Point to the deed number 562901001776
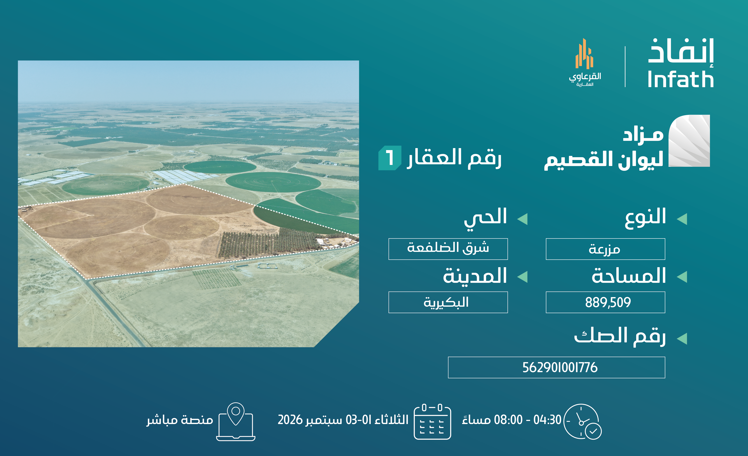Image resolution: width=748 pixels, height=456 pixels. [x=560, y=368]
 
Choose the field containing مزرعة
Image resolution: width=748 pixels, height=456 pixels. [x=605, y=249]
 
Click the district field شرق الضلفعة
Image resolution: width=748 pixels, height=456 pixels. [x=448, y=249]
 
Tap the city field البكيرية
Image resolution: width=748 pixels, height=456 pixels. [x=448, y=302]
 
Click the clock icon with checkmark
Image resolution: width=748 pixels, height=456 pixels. [x=582, y=421]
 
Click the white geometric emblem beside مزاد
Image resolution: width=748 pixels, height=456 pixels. [x=689, y=141]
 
